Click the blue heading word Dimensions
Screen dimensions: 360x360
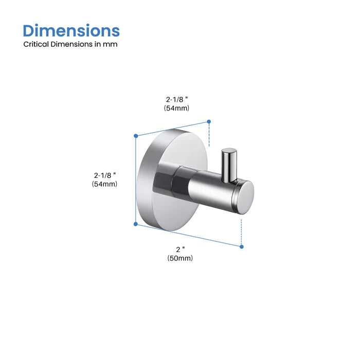click(x=71, y=30)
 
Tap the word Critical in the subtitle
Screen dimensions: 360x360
click(x=37, y=44)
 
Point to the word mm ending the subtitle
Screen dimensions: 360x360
click(x=112, y=44)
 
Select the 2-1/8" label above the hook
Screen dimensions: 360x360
click(x=177, y=98)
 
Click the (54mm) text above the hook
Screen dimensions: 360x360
click(x=177, y=108)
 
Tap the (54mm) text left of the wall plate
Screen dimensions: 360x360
click(x=105, y=184)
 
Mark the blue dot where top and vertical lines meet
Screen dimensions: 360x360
click(x=136, y=136)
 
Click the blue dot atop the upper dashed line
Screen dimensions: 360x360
click(x=209, y=121)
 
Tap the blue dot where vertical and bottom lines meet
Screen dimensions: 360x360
click(x=136, y=224)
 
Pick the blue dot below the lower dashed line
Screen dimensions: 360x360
click(x=241, y=246)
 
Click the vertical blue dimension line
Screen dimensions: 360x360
click(x=136, y=180)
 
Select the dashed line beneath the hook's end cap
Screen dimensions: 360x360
click(x=241, y=231)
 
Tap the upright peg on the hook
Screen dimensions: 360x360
click(x=229, y=164)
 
